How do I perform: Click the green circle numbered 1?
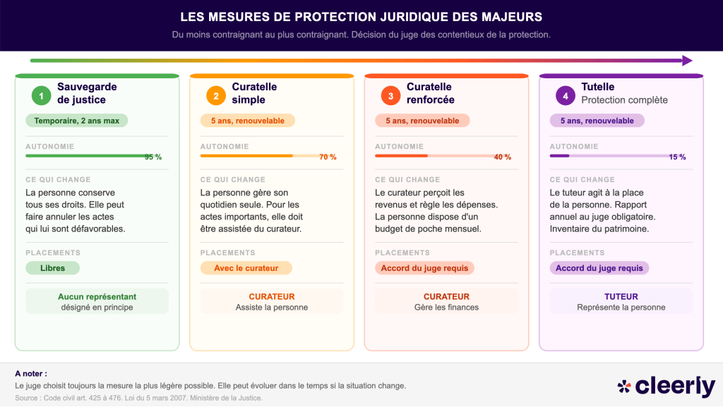tap(41, 95)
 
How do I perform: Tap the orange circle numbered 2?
tap(216, 95)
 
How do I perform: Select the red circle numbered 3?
tap(390, 95)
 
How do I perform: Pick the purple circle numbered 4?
tap(565, 95)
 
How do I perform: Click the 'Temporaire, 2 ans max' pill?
tap(77, 121)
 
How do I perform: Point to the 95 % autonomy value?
tap(153, 157)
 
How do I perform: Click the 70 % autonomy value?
tap(328, 157)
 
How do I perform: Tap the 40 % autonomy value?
tap(503, 157)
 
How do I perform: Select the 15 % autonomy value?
tap(677, 157)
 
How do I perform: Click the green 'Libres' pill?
tap(53, 268)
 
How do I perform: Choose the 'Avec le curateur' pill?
tap(246, 268)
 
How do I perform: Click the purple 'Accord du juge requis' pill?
tap(599, 268)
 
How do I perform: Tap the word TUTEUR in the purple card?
tap(621, 297)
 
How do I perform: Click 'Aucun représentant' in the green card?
tap(97, 297)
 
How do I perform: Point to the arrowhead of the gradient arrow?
tap(687, 61)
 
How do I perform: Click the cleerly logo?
tap(667, 386)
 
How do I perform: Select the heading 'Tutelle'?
tap(597, 87)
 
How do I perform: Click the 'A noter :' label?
tap(31, 373)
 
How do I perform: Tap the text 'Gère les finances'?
tap(446, 308)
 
